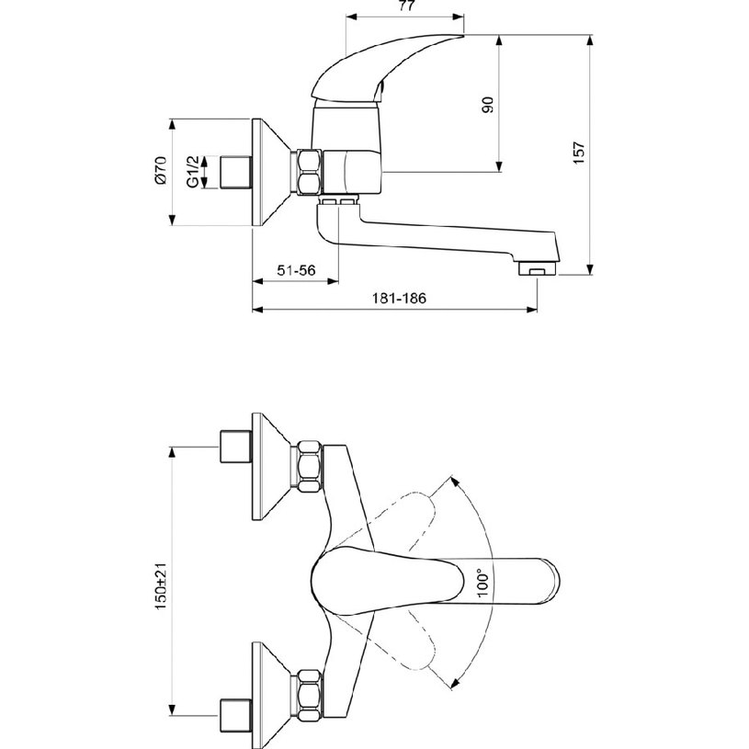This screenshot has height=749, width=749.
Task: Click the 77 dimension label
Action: [x=406, y=6]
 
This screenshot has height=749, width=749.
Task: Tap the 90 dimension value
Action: [x=487, y=105]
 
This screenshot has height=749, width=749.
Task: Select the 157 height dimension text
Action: [x=578, y=153]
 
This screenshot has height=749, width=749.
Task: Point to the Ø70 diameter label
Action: [x=161, y=170]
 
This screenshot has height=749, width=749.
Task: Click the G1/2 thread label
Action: [x=191, y=172]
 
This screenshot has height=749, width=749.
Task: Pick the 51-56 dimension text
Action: [x=296, y=270]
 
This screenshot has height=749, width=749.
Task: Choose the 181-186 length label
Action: [x=398, y=298]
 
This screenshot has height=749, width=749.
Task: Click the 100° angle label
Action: [x=482, y=583]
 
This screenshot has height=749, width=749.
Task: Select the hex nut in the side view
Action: [x=309, y=172]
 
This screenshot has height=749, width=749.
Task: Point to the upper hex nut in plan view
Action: [x=309, y=467]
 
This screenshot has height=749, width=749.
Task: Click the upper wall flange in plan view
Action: [x=271, y=467]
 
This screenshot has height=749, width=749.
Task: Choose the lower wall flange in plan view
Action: [x=271, y=695]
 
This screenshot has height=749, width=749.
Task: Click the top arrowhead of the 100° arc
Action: [x=455, y=481]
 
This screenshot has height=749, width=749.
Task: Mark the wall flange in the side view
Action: [x=271, y=172]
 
